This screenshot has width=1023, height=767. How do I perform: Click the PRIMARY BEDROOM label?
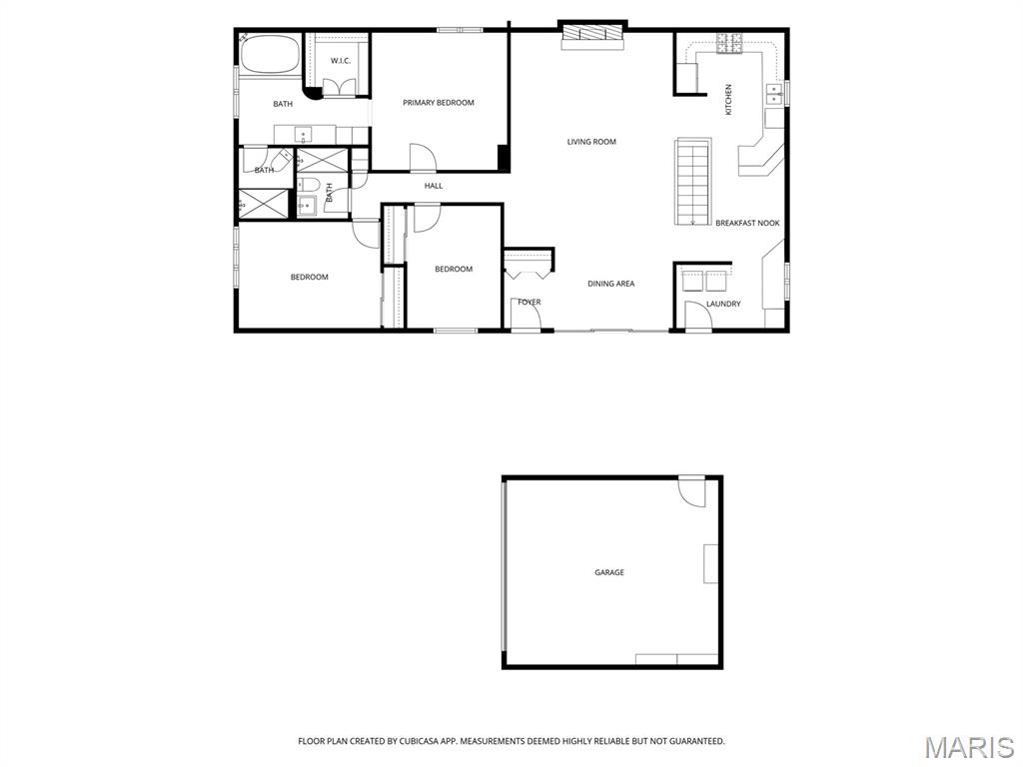438,103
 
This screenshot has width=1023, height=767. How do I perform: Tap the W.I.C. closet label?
341,61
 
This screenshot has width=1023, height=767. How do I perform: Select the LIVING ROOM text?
591,142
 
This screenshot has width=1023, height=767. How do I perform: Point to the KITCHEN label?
728,100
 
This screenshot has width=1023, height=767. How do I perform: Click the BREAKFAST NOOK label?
747,223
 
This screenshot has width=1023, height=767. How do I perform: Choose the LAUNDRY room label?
723,304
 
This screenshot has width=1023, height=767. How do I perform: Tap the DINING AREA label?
610,284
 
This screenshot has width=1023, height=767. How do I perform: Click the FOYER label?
529,302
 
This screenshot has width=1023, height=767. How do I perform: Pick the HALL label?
434,186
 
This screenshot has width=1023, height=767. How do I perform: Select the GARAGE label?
609,572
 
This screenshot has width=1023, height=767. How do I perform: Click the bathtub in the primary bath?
270,55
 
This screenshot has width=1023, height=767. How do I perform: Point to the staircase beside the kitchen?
692,182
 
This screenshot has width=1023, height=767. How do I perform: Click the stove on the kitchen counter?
729,43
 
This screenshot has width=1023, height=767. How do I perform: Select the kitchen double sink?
774,93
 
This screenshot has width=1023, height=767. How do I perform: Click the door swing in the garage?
691,492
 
